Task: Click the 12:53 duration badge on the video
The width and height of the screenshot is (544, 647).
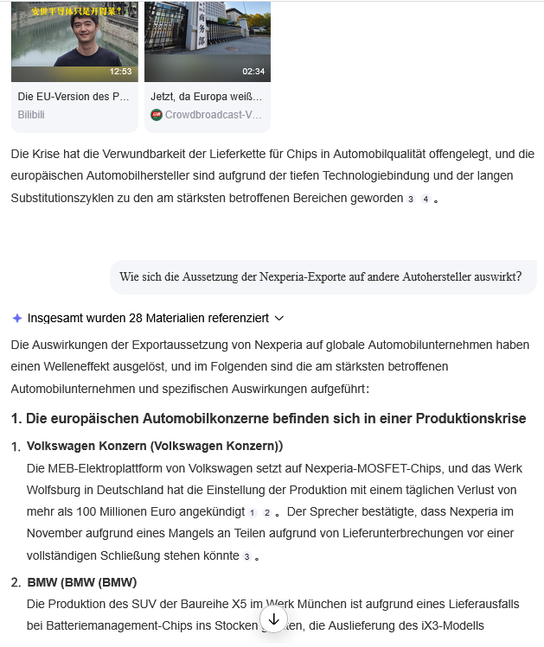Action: (120, 72)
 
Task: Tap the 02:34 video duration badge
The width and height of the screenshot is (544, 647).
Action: (253, 72)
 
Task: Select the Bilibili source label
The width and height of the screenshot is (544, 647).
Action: (31, 114)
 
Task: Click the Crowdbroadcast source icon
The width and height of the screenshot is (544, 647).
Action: (157, 114)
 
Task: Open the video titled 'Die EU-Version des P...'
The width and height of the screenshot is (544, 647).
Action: (74, 97)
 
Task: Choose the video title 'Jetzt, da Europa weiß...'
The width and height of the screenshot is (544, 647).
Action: (207, 97)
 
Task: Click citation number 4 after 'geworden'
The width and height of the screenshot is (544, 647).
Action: (425, 199)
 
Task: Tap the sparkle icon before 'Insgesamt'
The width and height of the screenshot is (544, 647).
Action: (16, 318)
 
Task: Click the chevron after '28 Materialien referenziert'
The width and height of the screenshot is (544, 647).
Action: (278, 318)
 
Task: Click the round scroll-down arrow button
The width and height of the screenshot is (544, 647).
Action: (274, 619)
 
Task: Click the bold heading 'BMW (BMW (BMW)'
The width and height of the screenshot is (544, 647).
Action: (81, 581)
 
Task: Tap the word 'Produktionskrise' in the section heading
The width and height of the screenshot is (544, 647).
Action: (470, 418)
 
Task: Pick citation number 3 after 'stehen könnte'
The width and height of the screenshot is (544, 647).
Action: (246, 557)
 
